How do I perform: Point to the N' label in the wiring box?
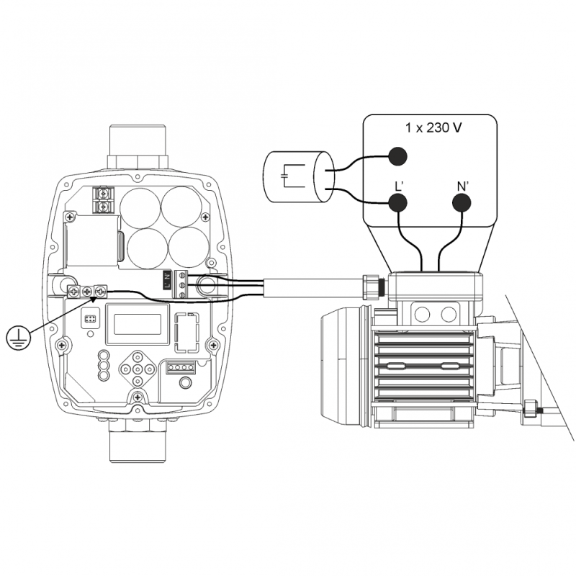pos(463,185)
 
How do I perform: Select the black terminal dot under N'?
pos(463,204)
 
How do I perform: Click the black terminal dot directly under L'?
pos(398,204)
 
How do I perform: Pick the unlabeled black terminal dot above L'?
pos(398,156)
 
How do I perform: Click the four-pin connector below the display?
pos(181,367)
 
